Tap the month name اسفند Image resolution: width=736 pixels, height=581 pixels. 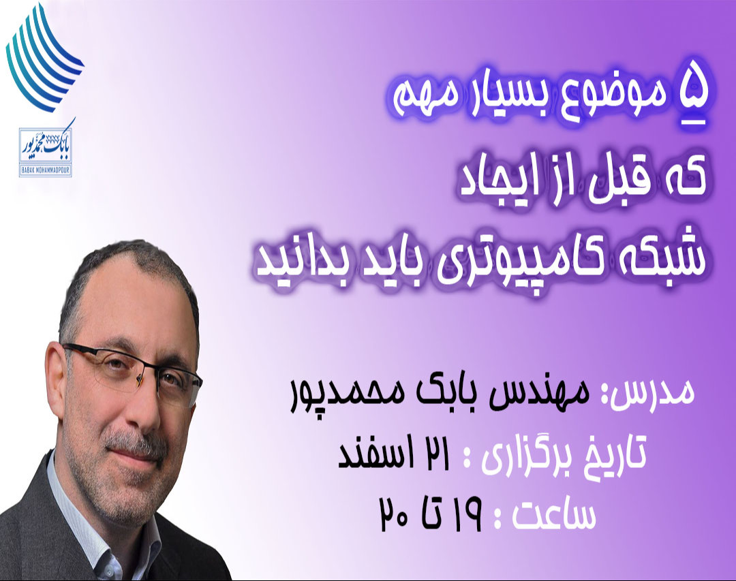pos(368,455)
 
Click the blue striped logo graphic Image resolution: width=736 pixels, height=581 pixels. pos(46,57)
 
